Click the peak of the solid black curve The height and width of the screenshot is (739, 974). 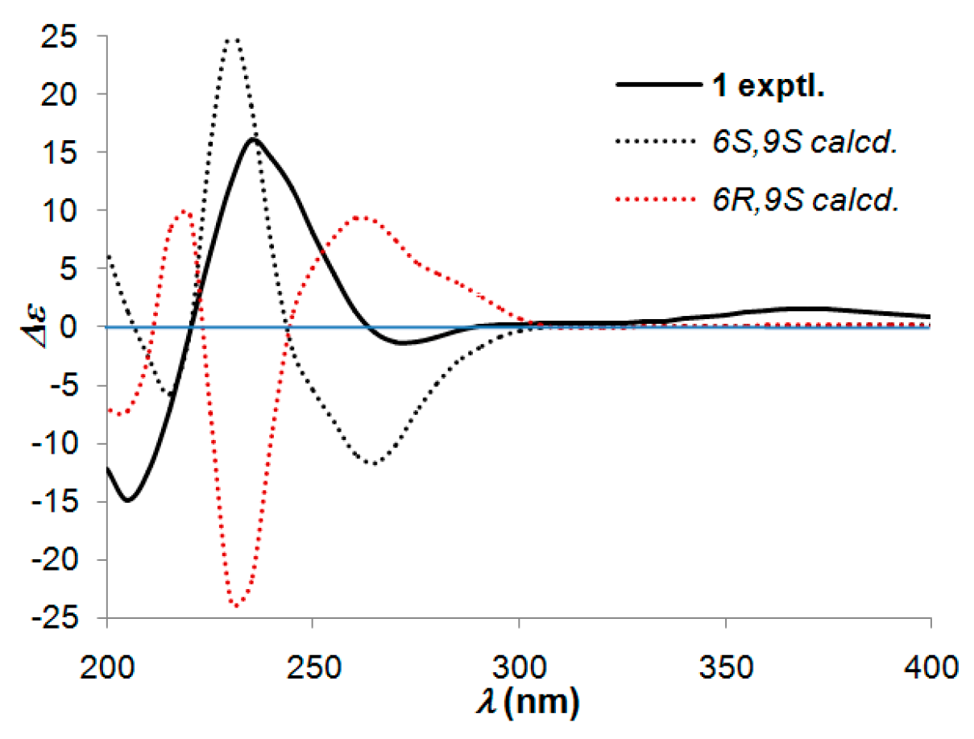click(x=253, y=139)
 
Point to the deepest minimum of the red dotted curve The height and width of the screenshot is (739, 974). click(x=235, y=604)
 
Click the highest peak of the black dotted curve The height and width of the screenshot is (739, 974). click(x=233, y=37)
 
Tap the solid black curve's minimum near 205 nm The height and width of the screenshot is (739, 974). click(x=127, y=500)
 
